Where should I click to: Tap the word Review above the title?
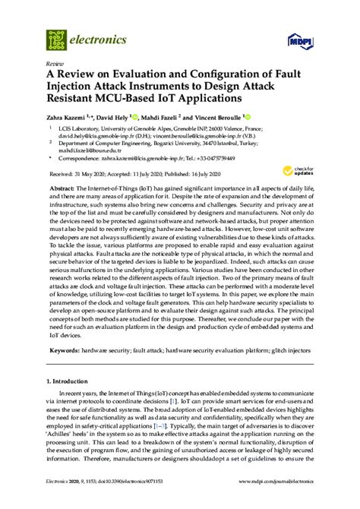point(55,64)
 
